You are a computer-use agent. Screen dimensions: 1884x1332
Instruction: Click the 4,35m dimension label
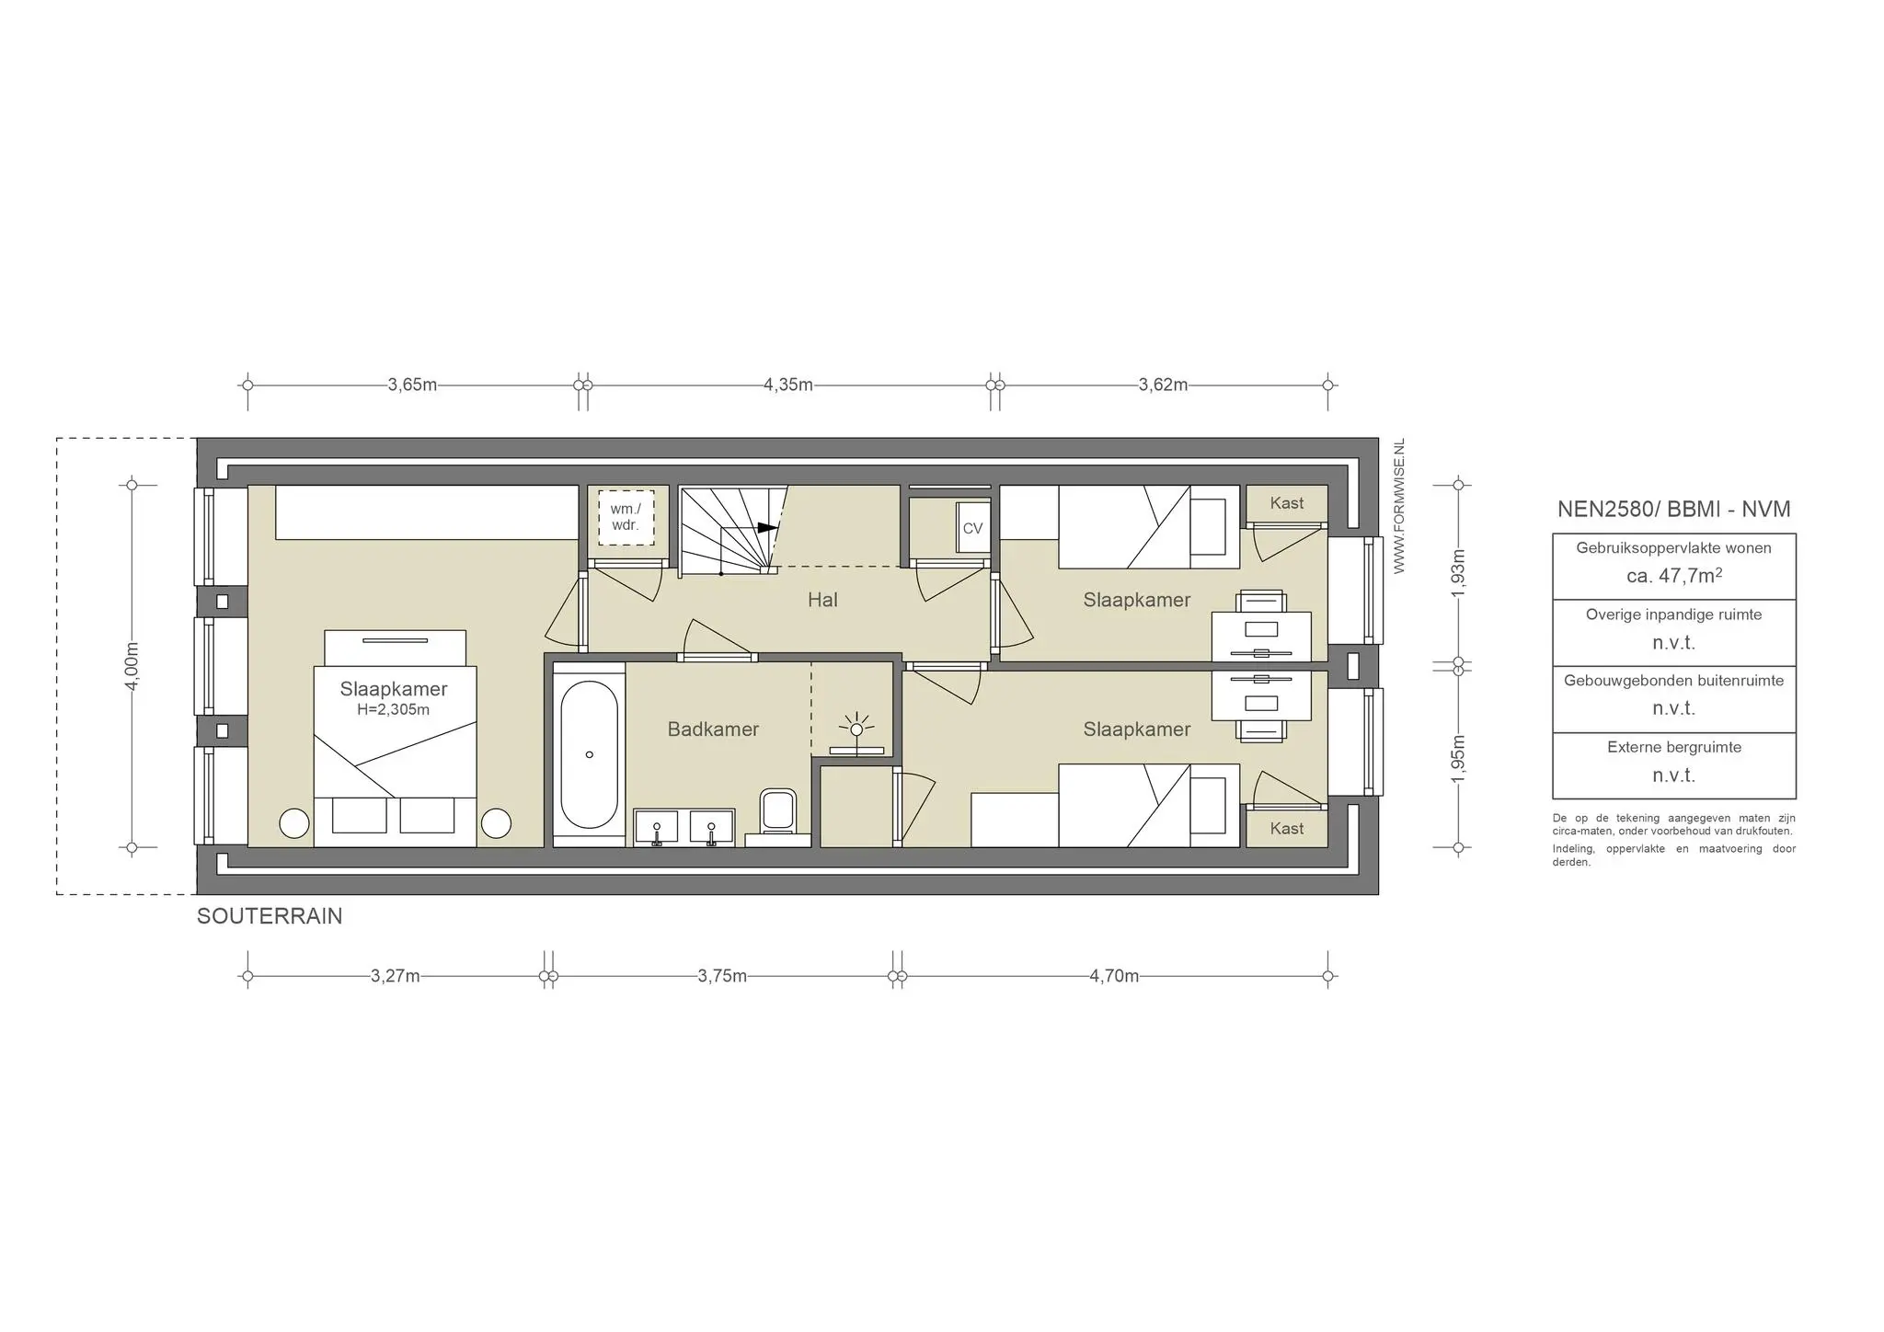[x=788, y=385]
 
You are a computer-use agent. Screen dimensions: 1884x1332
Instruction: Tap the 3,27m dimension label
[x=396, y=976]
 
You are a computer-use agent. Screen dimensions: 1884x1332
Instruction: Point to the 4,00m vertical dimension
[x=132, y=666]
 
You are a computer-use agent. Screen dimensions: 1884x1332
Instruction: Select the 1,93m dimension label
[x=1458, y=573]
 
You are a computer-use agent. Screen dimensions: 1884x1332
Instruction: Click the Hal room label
[x=822, y=600]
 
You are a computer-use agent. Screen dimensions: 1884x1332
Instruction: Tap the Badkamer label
[x=713, y=729]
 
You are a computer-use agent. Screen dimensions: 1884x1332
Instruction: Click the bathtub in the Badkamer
[x=589, y=754]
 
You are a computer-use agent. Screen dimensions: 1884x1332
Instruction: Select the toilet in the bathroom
[x=778, y=813]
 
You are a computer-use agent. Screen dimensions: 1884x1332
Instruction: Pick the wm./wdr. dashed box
[x=626, y=518]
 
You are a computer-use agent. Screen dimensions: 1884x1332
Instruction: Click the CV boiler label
[x=972, y=529]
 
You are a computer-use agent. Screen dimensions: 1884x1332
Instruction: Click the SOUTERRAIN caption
[x=270, y=916]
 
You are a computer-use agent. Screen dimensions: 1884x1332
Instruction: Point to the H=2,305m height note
[x=394, y=710]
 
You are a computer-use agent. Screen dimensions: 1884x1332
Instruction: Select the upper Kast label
[x=1287, y=503]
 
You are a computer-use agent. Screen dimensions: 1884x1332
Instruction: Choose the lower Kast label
[x=1287, y=829]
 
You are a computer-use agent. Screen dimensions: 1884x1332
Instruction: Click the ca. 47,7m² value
[x=1674, y=576]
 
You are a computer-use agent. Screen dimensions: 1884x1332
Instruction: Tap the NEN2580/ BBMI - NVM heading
[x=1674, y=509]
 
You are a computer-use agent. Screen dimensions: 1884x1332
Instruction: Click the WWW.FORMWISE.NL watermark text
[x=1400, y=507]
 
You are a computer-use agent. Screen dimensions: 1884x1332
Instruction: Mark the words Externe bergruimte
[x=1674, y=747]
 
